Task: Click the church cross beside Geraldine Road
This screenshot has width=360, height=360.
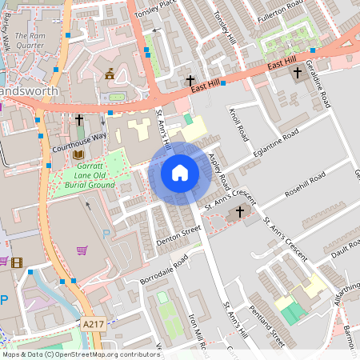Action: (x=298, y=73)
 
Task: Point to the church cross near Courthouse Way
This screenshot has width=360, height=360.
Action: (x=79, y=120)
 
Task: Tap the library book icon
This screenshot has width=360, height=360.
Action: (x=78, y=154)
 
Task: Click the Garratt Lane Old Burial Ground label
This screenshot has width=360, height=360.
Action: (x=85, y=176)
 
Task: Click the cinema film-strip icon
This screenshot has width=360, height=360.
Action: (x=18, y=262)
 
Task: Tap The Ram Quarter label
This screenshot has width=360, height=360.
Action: (x=31, y=41)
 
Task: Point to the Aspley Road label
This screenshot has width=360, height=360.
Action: (x=218, y=170)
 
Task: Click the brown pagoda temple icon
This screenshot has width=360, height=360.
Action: (x=110, y=74)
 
